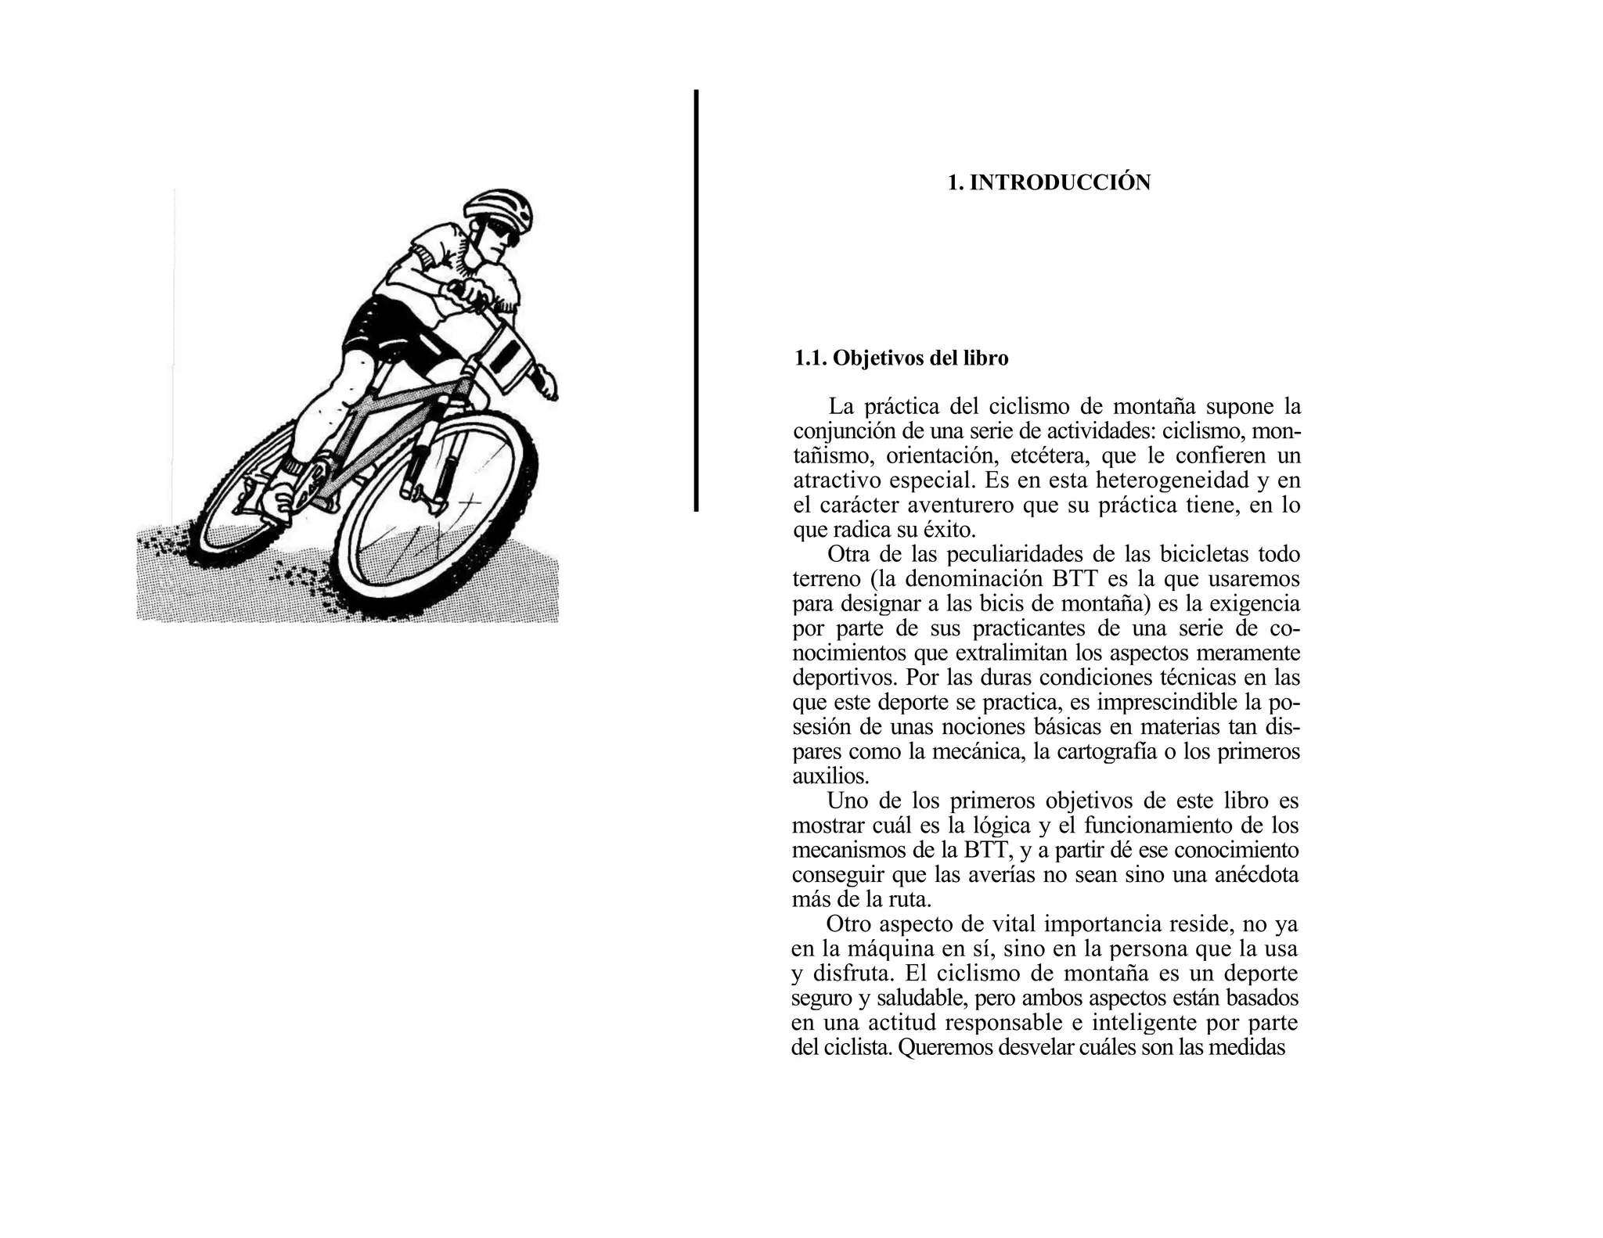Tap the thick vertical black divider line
pyautogui.click(x=696, y=301)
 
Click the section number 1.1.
pyautogui.click(x=810, y=358)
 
